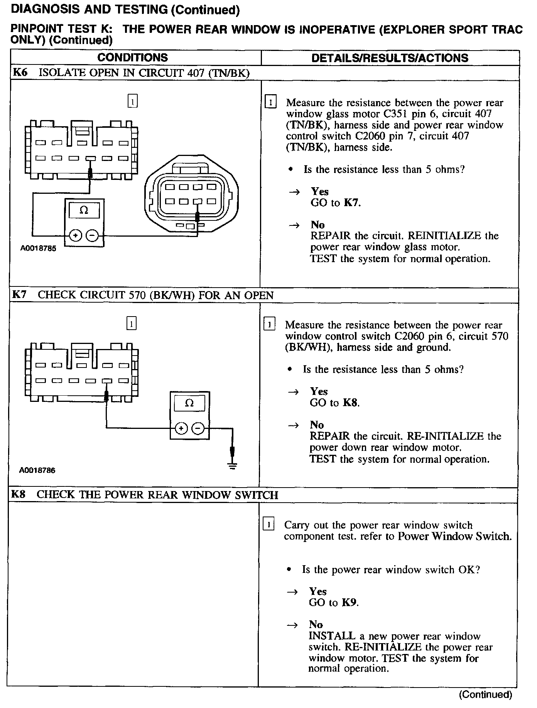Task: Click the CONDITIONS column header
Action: click(132, 58)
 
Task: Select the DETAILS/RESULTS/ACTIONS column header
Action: click(390, 58)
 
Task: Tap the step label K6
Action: click(20, 73)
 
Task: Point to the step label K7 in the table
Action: click(19, 295)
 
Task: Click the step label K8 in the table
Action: click(18, 495)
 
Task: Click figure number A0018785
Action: click(38, 249)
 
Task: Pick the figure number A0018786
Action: click(37, 471)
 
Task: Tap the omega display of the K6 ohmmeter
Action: click(84, 211)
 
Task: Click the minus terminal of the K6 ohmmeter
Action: click(92, 235)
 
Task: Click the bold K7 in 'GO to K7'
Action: click(351, 203)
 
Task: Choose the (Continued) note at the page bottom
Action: click(485, 695)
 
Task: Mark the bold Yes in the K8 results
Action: click(318, 591)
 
